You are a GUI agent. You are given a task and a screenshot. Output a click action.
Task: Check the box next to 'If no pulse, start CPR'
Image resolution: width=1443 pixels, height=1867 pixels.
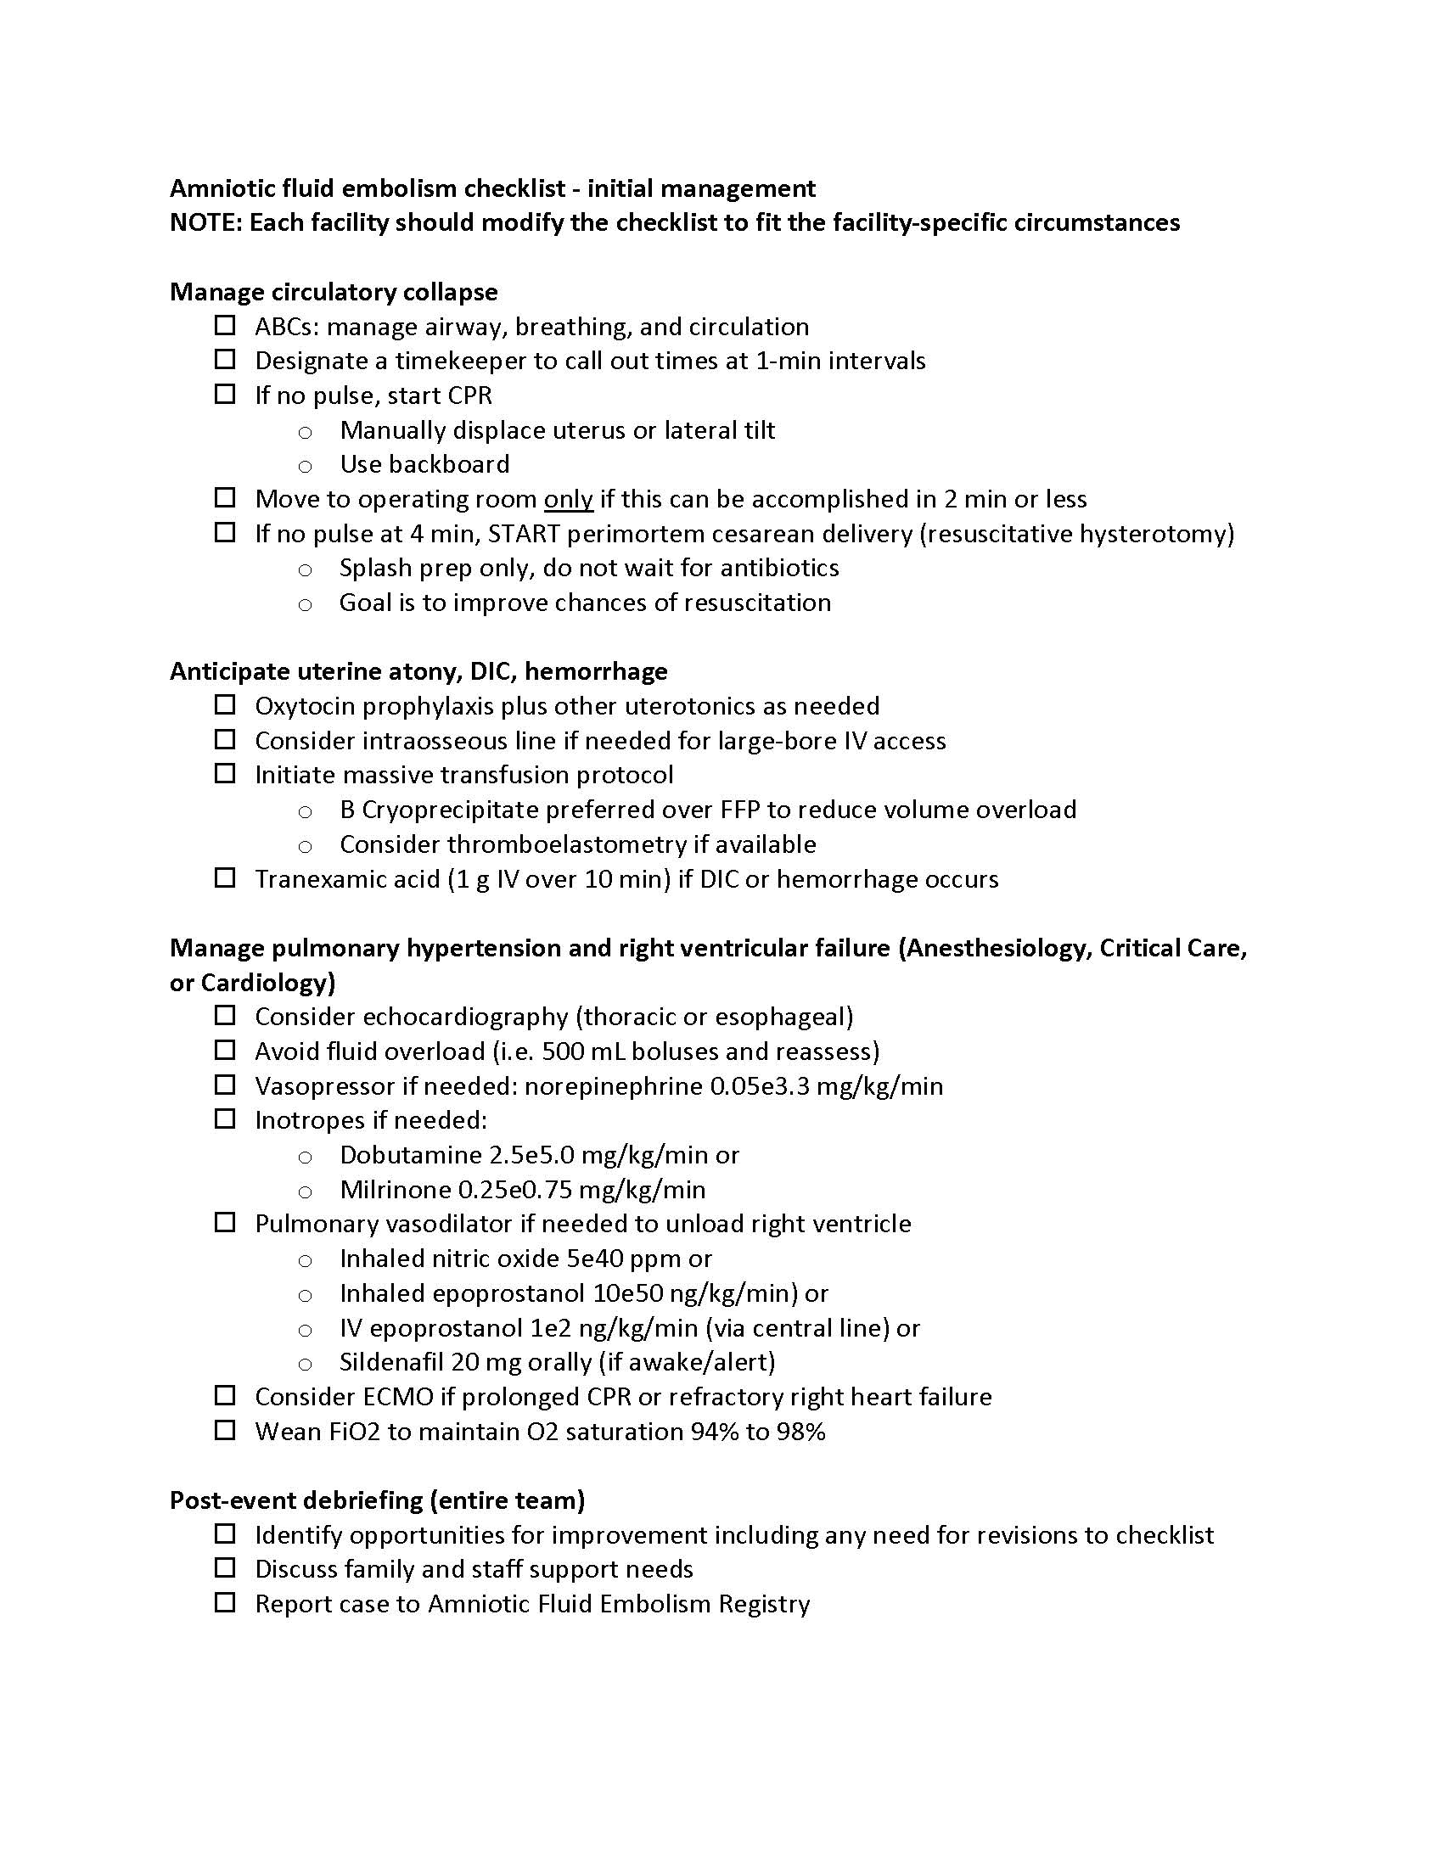(225, 394)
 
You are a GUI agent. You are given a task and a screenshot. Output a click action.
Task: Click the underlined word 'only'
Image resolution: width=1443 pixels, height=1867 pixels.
(568, 499)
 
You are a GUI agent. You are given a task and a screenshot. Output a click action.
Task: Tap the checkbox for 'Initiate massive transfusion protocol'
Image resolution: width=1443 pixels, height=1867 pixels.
(225, 774)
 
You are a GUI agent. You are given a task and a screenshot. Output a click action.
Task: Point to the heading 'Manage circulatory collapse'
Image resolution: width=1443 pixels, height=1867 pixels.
(334, 293)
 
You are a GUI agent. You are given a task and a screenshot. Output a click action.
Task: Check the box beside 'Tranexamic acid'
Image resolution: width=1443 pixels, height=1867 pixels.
(225, 878)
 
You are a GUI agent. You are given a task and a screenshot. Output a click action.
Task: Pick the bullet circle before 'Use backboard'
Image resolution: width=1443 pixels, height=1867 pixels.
(306, 467)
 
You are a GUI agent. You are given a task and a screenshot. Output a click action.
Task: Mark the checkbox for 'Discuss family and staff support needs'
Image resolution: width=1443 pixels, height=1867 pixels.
(225, 1567)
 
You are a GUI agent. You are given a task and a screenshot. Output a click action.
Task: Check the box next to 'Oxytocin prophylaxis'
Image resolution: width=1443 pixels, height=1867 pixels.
(225, 705)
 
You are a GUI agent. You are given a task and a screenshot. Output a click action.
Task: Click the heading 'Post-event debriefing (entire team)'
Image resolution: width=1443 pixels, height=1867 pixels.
(377, 1500)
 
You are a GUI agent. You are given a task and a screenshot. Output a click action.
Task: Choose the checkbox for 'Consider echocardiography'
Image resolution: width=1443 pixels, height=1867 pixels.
(225, 1016)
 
